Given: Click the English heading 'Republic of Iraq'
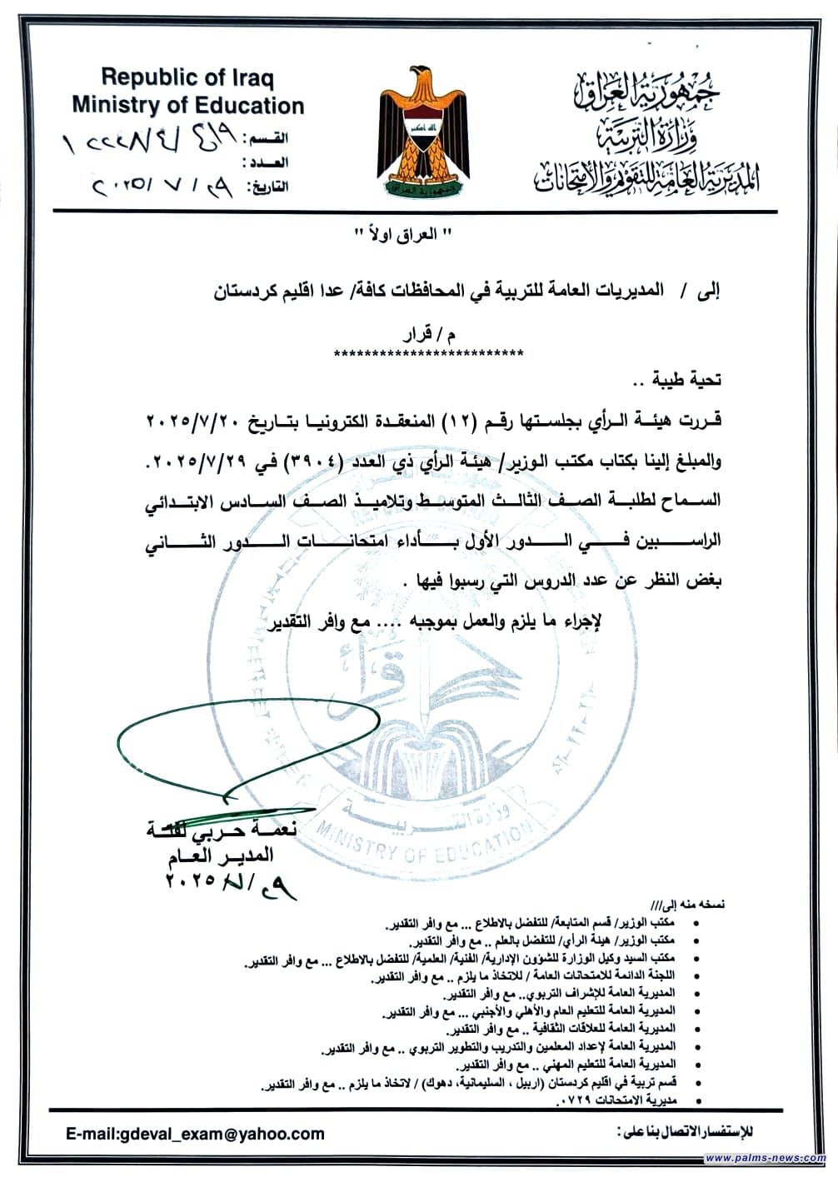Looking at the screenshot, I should [x=187, y=78].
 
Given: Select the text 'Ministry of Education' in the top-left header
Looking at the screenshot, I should [x=187, y=106].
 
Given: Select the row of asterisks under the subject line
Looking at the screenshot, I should [x=428, y=353].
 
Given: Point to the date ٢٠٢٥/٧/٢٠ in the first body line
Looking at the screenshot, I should [x=195, y=420].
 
